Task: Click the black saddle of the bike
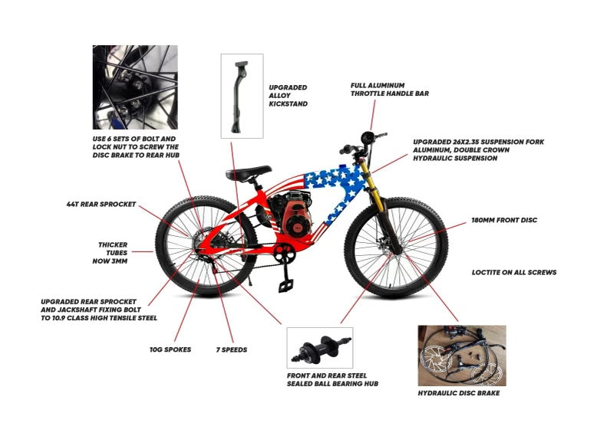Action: [248, 172]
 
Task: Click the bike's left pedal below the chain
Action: [285, 283]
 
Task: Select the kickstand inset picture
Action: [242, 96]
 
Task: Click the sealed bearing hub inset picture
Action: [319, 347]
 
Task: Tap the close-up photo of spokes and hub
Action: [135, 87]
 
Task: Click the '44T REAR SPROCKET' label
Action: [101, 205]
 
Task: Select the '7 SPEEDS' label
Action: [229, 349]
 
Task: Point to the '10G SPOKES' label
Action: [170, 349]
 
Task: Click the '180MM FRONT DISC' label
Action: [504, 220]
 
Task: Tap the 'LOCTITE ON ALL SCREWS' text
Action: [513, 272]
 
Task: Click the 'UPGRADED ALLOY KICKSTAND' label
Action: [289, 96]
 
